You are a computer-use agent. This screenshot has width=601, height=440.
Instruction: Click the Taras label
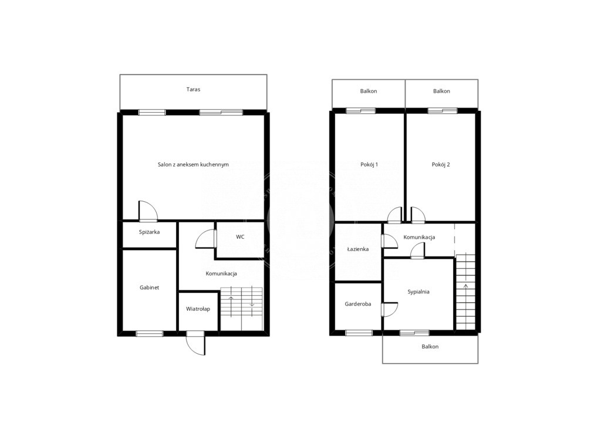[193, 89]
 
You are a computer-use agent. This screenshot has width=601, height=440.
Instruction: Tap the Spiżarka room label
[149, 232]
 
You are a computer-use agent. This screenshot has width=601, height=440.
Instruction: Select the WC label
[240, 237]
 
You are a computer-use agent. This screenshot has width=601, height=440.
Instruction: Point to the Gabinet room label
[149, 287]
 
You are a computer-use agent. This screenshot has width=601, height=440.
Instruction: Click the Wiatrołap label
[198, 309]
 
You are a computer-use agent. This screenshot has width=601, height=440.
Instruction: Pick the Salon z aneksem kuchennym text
[193, 164]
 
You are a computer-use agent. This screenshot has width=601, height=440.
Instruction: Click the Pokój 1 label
[369, 164]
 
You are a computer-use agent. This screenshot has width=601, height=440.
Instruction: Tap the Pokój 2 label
[441, 164]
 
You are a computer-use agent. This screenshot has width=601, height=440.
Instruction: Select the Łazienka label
[358, 249]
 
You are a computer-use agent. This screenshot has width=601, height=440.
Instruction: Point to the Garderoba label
[358, 304]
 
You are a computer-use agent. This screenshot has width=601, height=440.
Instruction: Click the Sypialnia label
[418, 292]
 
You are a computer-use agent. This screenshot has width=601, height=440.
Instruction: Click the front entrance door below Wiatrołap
[196, 343]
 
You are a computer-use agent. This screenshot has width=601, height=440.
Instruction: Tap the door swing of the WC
[206, 239]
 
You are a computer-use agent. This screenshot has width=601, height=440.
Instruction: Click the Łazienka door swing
[390, 242]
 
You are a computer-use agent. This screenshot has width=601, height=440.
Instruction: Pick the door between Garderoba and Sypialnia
[390, 309]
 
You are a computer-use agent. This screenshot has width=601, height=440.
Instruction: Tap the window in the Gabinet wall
[150, 333]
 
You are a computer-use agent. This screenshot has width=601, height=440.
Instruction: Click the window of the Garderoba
[359, 333]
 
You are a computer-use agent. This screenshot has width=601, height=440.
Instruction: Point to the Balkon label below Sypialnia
[430, 347]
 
